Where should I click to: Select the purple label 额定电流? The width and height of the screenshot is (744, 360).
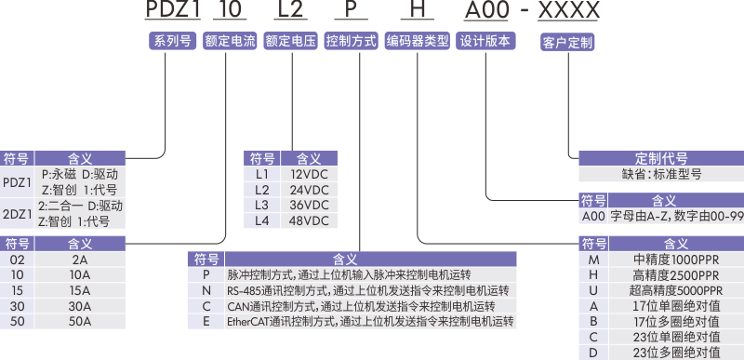coord(230,41)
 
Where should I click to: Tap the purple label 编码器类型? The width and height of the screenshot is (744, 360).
coord(418,41)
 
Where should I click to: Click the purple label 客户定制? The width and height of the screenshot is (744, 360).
coord(566,42)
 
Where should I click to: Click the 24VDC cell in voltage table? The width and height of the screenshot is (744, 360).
coord(310,189)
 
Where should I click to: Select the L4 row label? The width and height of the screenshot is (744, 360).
coord(262,220)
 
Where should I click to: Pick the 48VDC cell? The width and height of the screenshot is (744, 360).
coord(310,220)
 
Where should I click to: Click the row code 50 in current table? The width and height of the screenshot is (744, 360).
coord(17,321)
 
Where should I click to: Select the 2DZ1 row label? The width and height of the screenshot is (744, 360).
coord(17,213)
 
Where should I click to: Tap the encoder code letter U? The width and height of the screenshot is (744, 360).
coord(593,290)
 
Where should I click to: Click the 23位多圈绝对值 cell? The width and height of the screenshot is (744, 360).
coord(675,353)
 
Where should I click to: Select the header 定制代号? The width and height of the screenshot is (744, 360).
coord(661,156)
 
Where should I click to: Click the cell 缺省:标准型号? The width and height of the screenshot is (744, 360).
coord(661,173)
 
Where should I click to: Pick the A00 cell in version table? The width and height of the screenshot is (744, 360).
coord(593,215)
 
